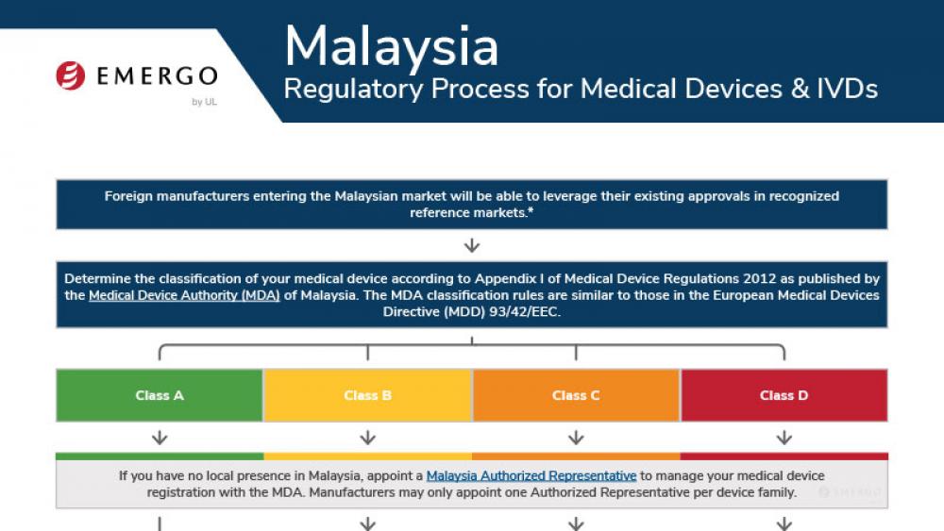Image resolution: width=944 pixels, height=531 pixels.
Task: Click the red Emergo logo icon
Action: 71,75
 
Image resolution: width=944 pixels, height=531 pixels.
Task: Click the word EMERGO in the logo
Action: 157,76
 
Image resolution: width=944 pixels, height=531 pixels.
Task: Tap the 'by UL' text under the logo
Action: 204,102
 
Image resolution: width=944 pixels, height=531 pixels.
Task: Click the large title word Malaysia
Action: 392,47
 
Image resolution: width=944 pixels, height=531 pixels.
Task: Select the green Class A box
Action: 160,395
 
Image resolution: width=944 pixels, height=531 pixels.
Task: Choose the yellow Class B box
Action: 368,395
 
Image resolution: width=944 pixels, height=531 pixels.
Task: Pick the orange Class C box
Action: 576,395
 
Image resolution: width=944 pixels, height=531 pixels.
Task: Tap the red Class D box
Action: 784,395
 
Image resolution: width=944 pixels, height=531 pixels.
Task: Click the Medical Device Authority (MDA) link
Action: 184,295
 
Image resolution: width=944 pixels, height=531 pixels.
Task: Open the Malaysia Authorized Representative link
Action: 531,475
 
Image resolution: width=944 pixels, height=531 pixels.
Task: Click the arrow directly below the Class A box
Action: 160,438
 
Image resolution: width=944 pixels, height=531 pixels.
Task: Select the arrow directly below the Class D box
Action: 784,438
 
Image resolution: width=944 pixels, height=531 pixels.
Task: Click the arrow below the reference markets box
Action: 472,245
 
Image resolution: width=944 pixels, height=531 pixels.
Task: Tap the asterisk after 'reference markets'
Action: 531,210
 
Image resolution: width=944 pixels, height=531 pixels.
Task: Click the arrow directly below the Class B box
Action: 368,438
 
